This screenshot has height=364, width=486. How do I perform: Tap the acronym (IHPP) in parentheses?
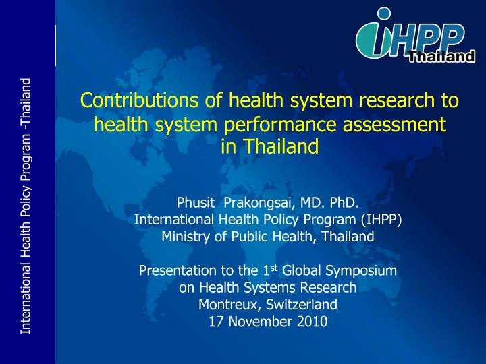(x=382, y=219)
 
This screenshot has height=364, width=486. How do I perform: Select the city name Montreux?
(x=223, y=305)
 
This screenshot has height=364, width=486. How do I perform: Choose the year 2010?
(x=312, y=322)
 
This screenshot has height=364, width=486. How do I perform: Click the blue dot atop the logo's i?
(x=384, y=13)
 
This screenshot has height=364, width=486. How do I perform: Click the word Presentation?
(x=172, y=271)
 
